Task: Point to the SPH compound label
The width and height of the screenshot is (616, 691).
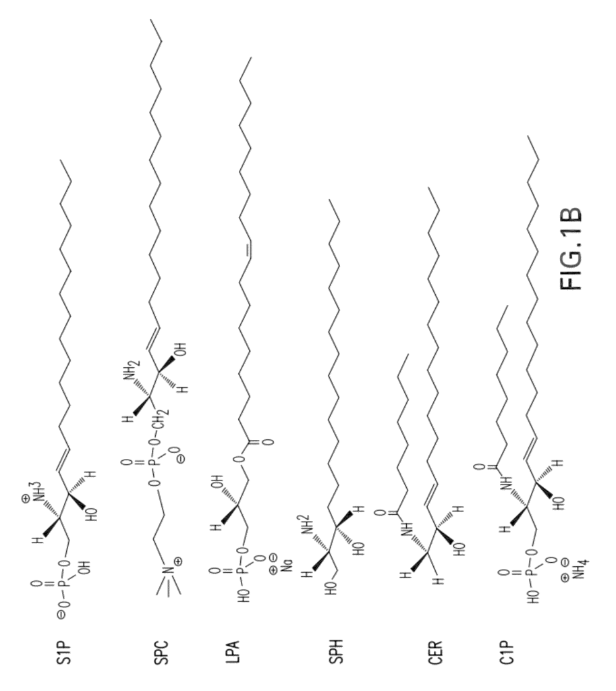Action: [x=337, y=651]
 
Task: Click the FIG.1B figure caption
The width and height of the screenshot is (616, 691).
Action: [x=571, y=249]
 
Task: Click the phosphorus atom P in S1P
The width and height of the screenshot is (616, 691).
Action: [x=62, y=586]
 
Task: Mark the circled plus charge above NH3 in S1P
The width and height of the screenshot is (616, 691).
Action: [x=26, y=499]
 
